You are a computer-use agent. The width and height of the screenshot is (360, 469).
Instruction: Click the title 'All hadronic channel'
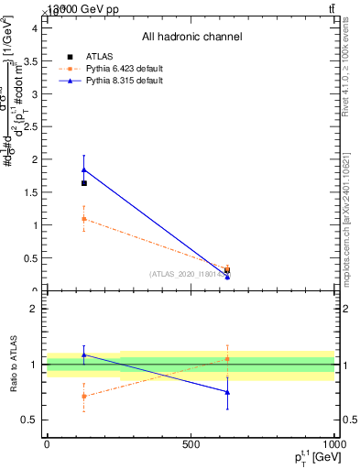pos(191,37)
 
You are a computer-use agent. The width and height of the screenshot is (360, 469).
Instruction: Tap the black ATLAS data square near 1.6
pos(84,183)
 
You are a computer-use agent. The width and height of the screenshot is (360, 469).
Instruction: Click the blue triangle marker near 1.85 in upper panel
pos(84,169)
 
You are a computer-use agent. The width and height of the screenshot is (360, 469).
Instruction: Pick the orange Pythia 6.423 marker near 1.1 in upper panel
pos(84,219)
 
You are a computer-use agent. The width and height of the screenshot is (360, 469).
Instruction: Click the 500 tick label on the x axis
pos(191,444)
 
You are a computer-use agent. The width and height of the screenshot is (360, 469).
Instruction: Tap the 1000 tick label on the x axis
pos(333,444)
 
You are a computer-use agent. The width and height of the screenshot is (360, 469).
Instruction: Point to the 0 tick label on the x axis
pos(47,444)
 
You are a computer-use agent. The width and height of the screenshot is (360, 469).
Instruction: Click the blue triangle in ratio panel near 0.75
pos(227,392)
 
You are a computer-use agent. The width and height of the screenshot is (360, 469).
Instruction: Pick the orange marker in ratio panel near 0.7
pos(84,396)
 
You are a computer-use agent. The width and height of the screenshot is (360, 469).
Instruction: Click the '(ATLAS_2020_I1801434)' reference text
pos(190,274)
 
